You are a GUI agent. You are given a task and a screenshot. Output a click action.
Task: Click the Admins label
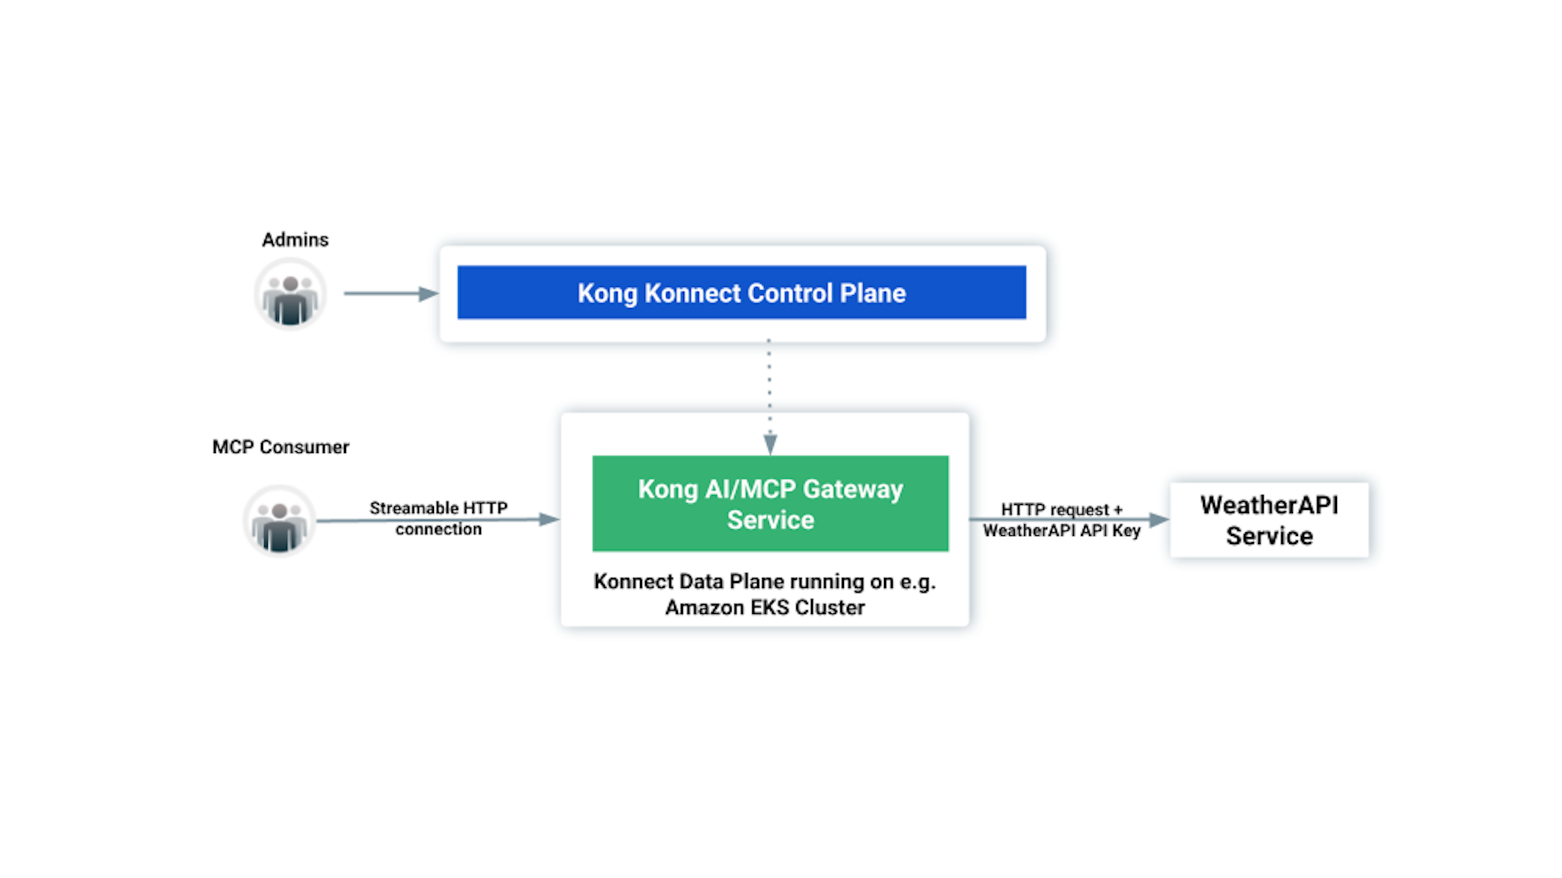tap(295, 240)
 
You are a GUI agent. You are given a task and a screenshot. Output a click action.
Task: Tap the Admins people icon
tap(290, 294)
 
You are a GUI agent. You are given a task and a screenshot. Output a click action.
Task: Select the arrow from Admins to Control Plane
tap(390, 294)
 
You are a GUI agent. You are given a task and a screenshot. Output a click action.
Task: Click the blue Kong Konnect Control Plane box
tap(741, 293)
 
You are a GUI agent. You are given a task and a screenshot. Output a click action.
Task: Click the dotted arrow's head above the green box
tap(770, 444)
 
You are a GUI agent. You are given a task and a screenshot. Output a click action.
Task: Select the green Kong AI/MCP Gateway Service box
tap(770, 504)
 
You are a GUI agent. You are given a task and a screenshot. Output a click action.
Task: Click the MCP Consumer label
tap(281, 447)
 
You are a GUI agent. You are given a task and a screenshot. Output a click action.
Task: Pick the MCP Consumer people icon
tap(279, 521)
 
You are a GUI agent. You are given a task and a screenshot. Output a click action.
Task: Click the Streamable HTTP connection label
tap(438, 518)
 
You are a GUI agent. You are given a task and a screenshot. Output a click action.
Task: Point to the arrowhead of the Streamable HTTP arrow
tap(549, 519)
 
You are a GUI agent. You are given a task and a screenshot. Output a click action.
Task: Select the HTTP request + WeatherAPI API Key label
tap(1062, 520)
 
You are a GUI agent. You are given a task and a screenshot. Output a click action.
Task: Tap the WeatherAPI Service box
tap(1269, 520)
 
